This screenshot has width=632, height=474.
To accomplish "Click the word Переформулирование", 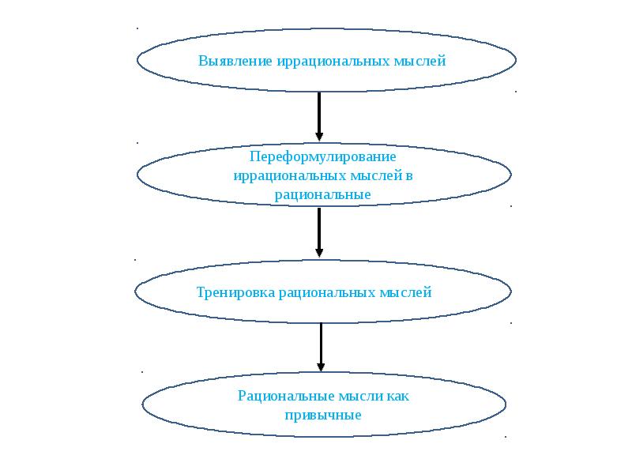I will [x=322, y=156].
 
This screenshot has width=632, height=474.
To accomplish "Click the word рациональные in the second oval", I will [x=323, y=194].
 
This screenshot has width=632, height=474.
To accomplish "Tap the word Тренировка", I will [x=235, y=292].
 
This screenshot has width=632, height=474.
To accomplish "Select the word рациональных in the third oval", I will [x=325, y=292].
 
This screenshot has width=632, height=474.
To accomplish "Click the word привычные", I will [x=323, y=414].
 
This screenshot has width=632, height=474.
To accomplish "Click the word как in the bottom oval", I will [x=397, y=395].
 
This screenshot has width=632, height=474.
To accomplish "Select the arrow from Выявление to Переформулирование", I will [x=319, y=115].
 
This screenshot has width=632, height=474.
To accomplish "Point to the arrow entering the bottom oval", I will [x=321, y=346].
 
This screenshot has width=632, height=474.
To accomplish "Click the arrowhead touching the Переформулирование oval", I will [x=319, y=137].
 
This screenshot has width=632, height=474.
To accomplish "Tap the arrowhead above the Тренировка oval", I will [x=319, y=252].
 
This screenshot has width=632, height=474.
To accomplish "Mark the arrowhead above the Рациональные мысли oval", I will [x=321, y=367].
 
